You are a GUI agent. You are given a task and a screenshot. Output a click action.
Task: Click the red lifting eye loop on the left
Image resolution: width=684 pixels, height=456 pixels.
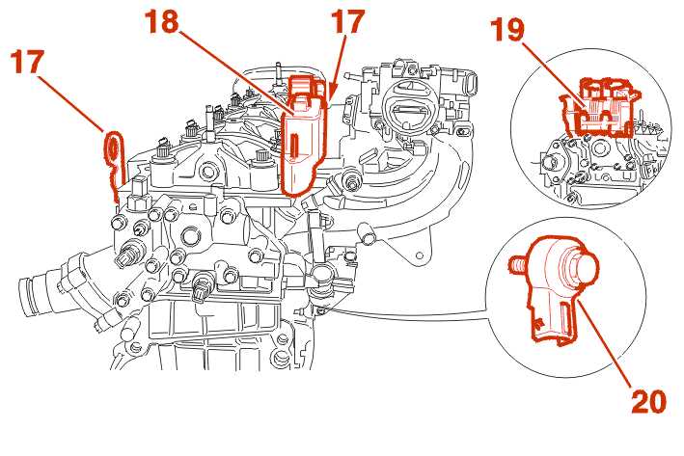[112, 148]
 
